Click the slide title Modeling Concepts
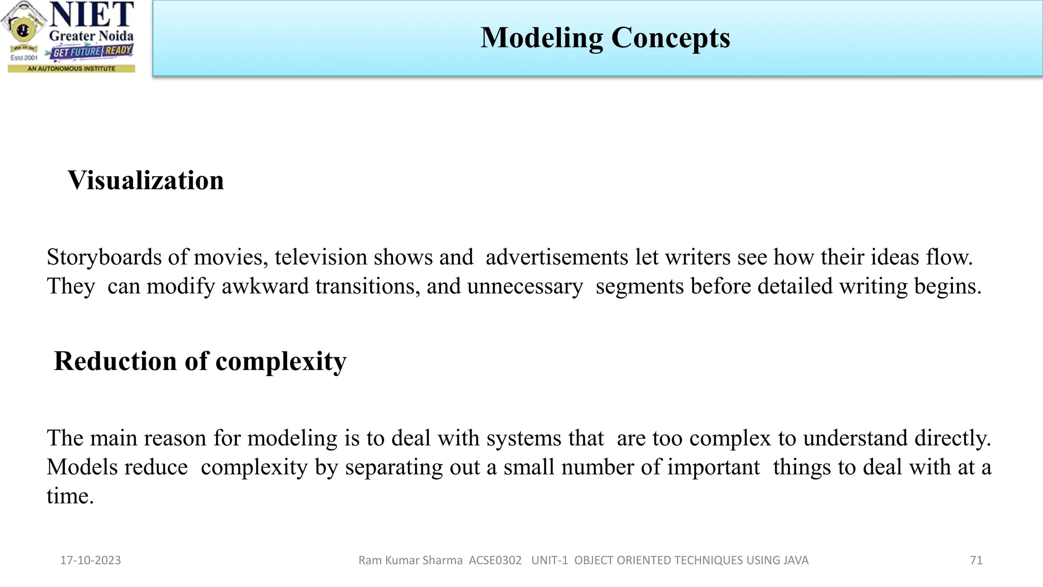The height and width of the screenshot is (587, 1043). (x=605, y=38)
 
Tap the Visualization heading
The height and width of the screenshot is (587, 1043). (x=146, y=180)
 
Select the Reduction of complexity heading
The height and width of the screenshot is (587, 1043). (x=200, y=361)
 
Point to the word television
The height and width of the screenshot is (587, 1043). (x=321, y=257)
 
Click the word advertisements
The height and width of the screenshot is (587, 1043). (x=557, y=257)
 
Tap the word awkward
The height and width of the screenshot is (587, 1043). (x=265, y=286)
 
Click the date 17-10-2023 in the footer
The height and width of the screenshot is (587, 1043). (x=91, y=561)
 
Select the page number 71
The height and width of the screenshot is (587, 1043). (x=976, y=561)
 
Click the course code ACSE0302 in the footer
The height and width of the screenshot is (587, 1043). (x=495, y=561)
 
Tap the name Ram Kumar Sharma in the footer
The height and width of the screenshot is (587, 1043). (x=410, y=561)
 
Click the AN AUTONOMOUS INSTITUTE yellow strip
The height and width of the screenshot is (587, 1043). (x=71, y=68)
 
